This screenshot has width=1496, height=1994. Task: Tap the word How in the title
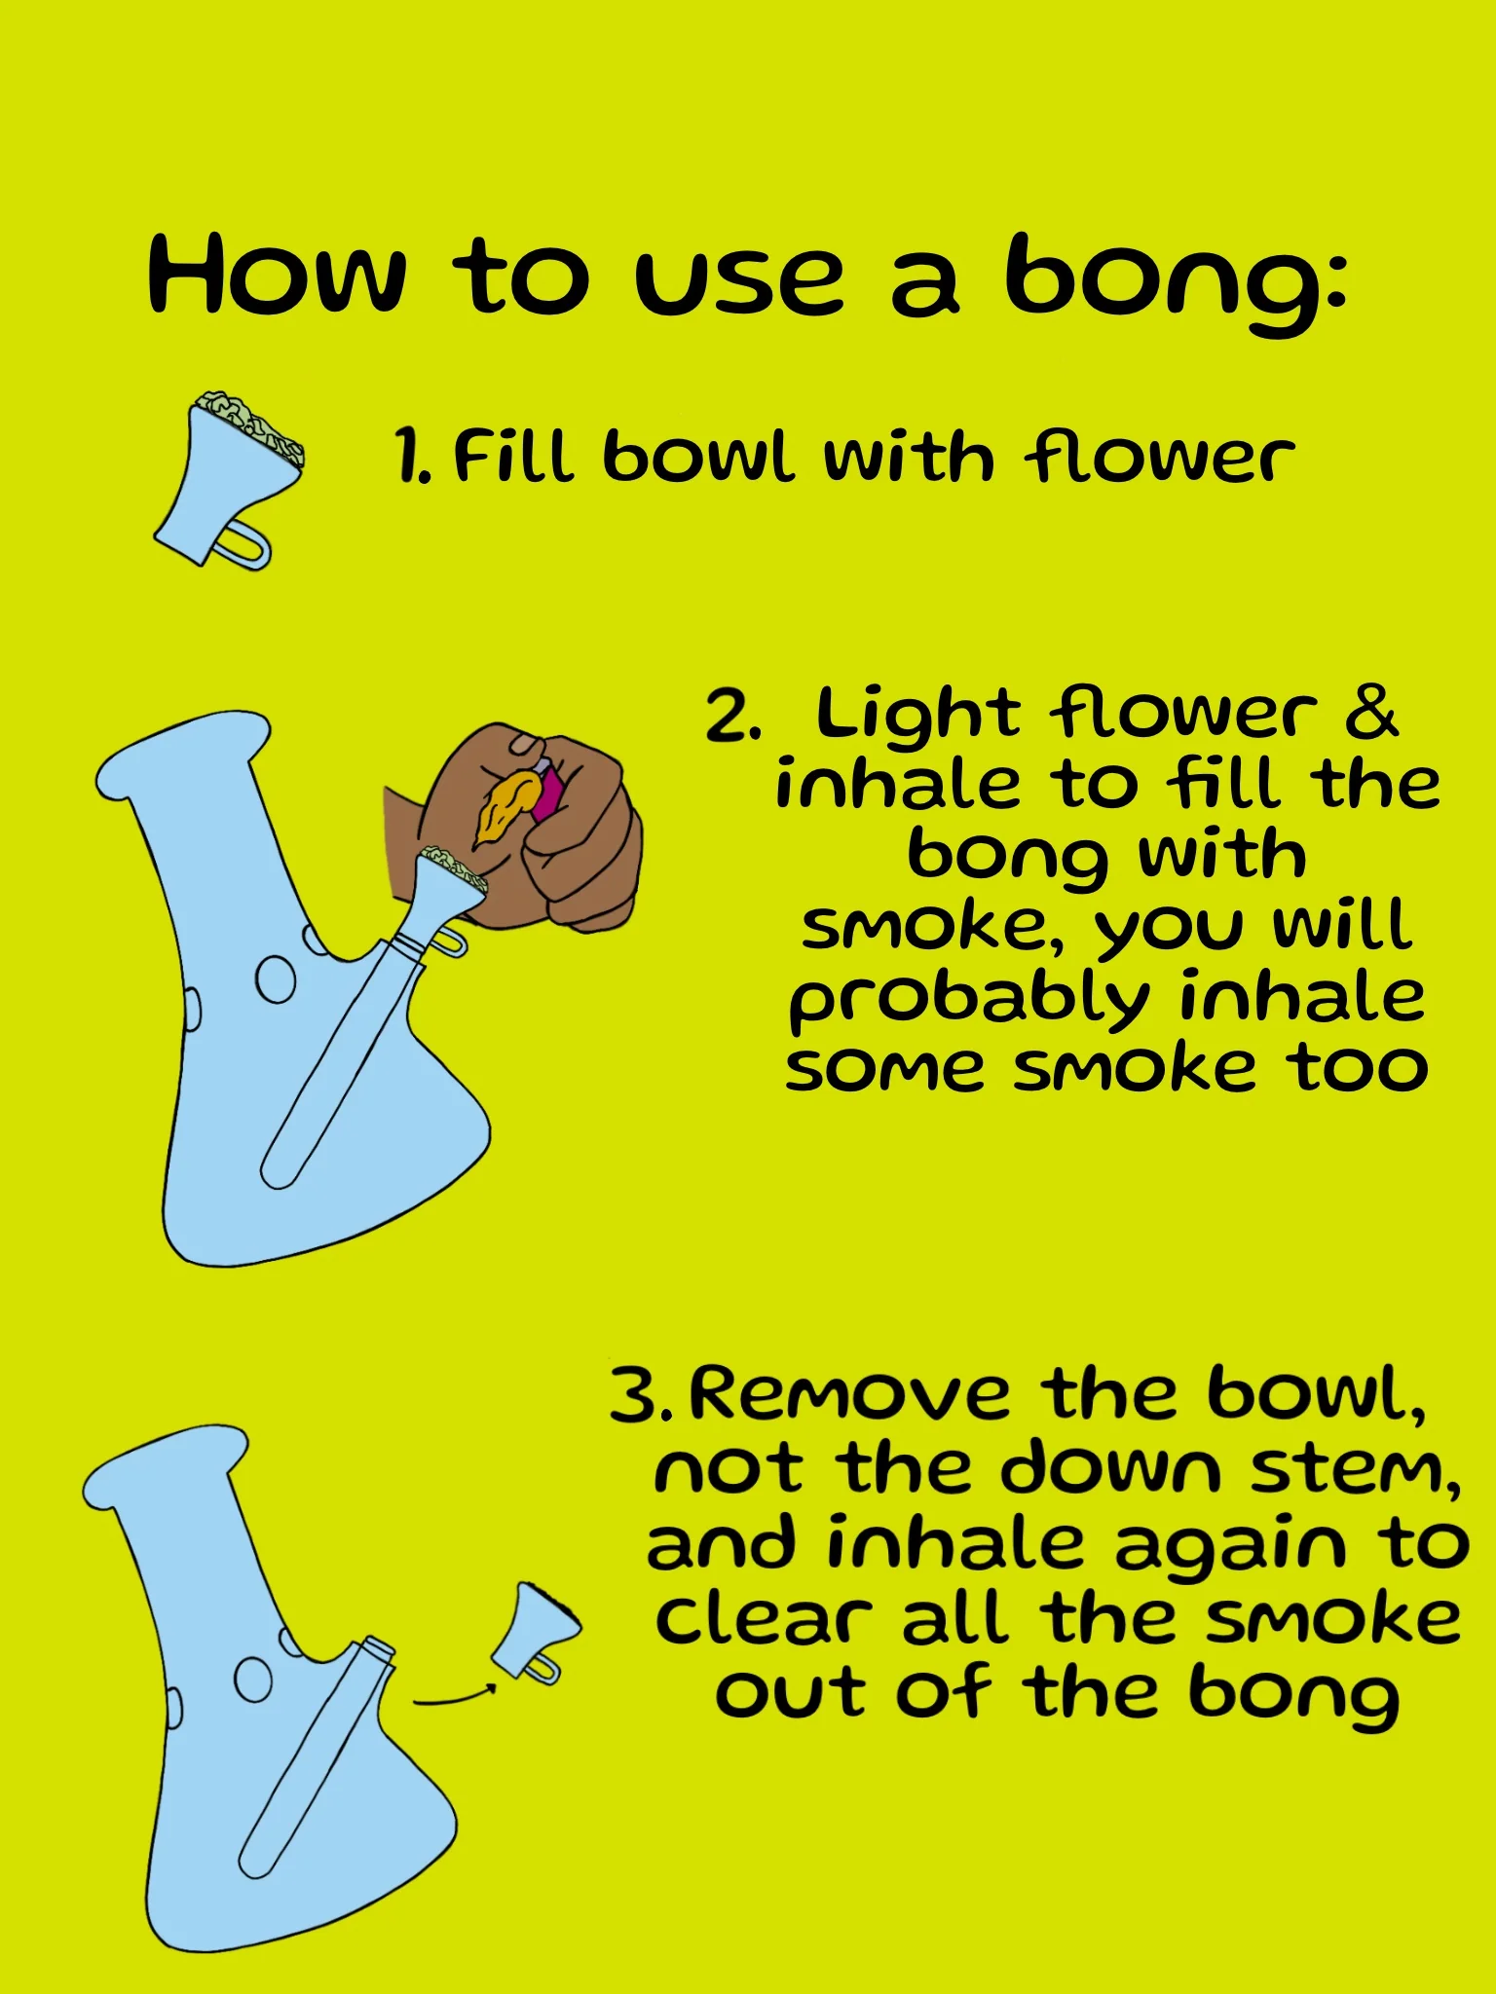click(277, 277)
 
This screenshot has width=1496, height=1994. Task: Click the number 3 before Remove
click(639, 1395)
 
